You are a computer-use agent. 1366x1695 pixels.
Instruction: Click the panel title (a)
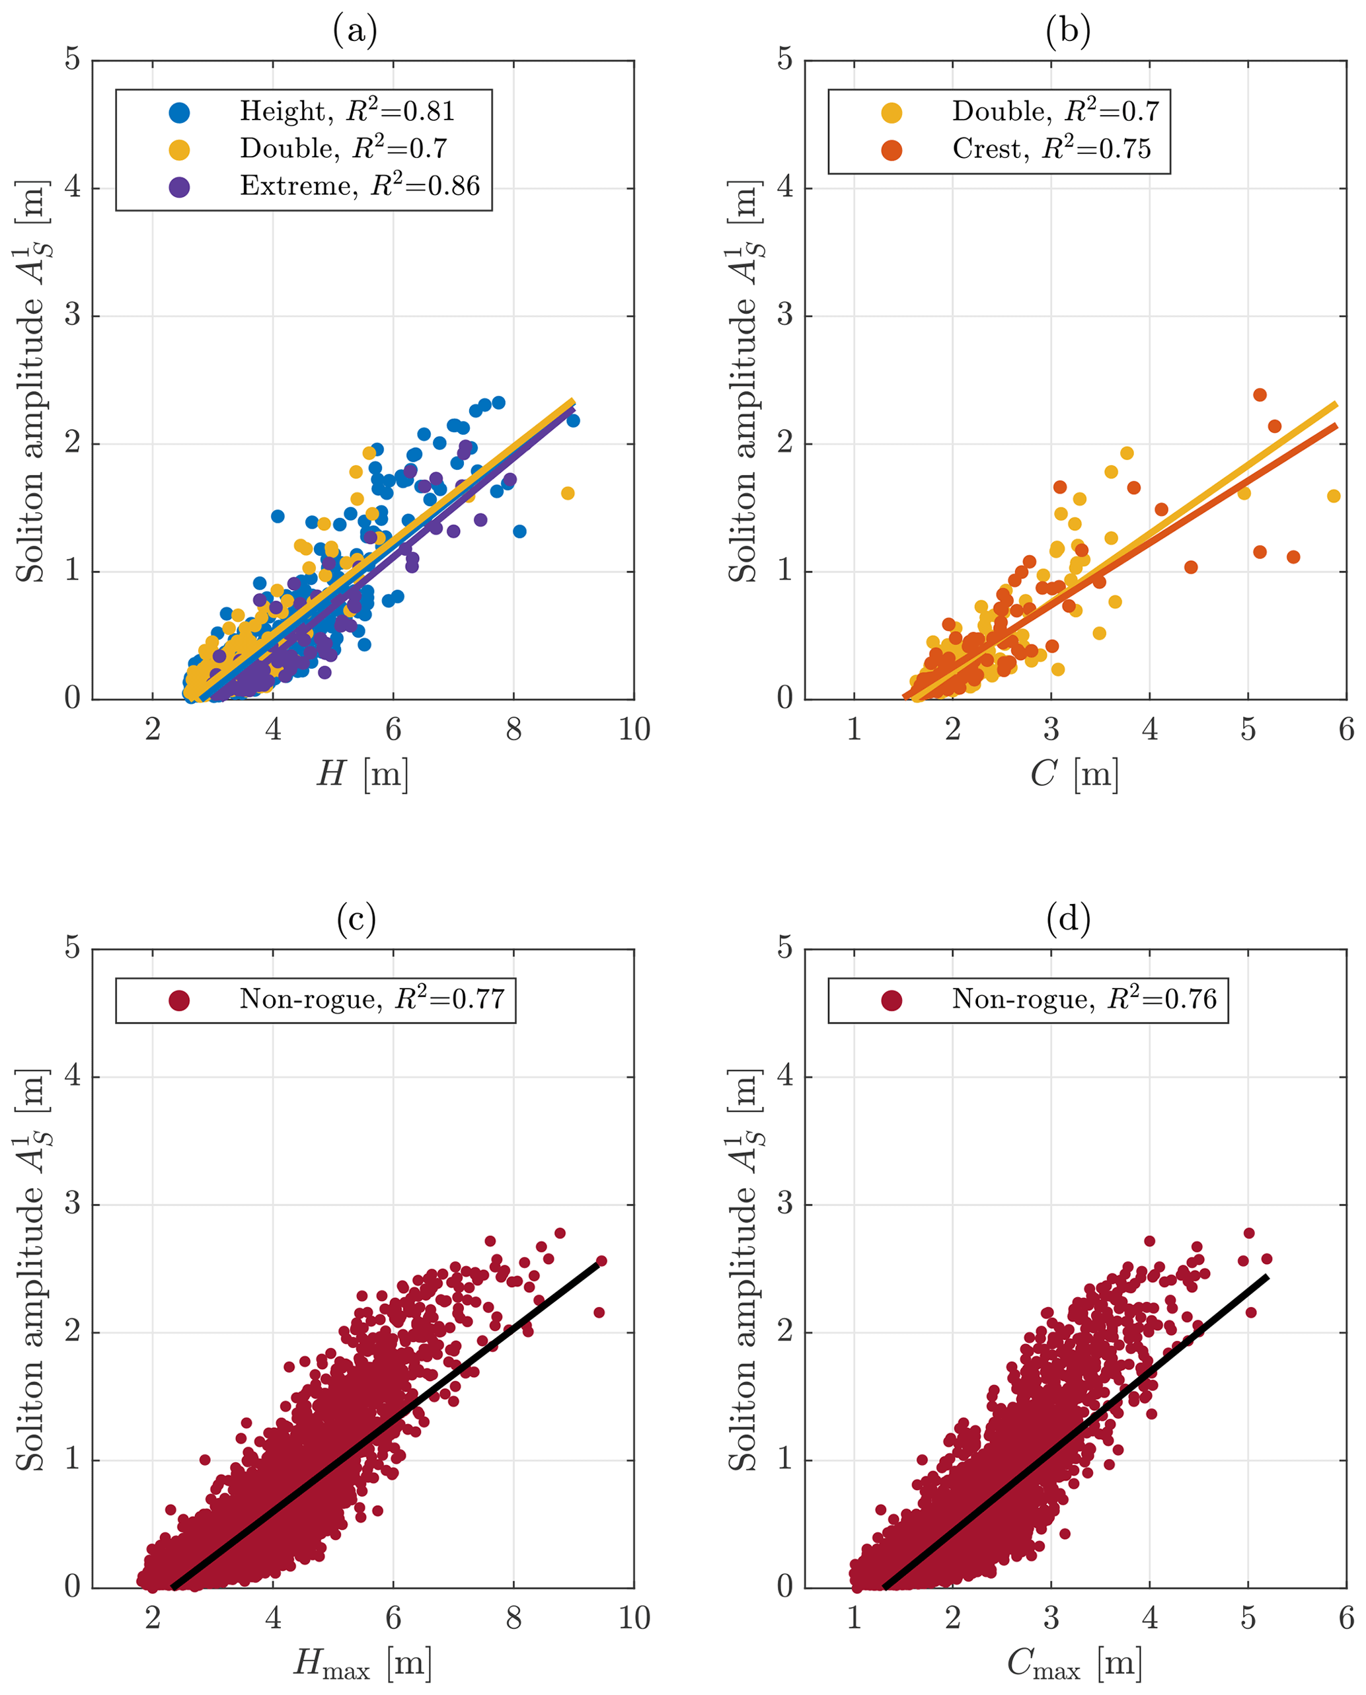tap(355, 32)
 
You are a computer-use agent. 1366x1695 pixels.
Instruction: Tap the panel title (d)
tap(1068, 919)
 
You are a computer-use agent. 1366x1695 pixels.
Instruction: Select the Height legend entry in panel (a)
tap(347, 112)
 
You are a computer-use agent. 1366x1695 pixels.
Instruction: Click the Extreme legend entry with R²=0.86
tap(359, 186)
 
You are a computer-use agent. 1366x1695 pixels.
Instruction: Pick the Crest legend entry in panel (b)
tap(1051, 149)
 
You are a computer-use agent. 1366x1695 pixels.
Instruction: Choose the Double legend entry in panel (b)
tap(1055, 112)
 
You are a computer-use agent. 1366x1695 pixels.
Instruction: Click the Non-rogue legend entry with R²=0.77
tap(371, 999)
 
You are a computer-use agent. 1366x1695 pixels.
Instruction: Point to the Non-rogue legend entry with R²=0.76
tap(1084, 999)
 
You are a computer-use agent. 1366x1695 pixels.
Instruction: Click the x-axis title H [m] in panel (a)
tap(363, 774)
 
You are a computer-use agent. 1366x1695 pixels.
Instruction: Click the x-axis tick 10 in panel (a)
tap(634, 730)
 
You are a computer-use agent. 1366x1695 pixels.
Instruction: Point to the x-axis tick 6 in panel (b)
tap(1346, 730)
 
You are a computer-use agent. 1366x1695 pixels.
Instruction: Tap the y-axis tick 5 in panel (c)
tap(73, 948)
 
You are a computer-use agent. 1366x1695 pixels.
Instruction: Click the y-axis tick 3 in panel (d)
tap(784, 1205)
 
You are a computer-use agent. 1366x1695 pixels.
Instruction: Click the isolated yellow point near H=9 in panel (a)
tap(567, 494)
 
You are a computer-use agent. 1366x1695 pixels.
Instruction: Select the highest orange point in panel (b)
tap(1260, 395)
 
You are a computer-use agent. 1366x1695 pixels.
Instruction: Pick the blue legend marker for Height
tap(179, 112)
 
